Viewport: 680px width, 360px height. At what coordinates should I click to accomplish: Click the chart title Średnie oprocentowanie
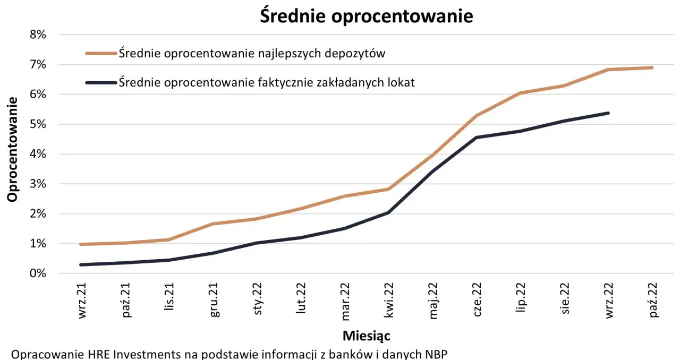(x=366, y=16)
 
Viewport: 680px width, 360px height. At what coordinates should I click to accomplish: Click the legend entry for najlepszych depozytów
(x=252, y=53)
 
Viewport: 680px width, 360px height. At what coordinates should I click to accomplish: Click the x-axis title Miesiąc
(x=367, y=336)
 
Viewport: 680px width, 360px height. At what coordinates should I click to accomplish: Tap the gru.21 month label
(x=214, y=300)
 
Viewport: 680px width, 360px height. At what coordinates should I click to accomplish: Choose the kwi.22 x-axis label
(x=390, y=300)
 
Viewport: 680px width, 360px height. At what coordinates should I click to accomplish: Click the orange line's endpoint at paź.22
(x=652, y=67)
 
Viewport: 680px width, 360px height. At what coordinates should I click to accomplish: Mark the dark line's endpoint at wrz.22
(x=608, y=113)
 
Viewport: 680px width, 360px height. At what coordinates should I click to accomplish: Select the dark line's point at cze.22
(x=477, y=138)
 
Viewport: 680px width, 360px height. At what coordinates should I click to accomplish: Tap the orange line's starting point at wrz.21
(x=80, y=244)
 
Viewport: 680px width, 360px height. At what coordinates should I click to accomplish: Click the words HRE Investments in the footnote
(x=123, y=354)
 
